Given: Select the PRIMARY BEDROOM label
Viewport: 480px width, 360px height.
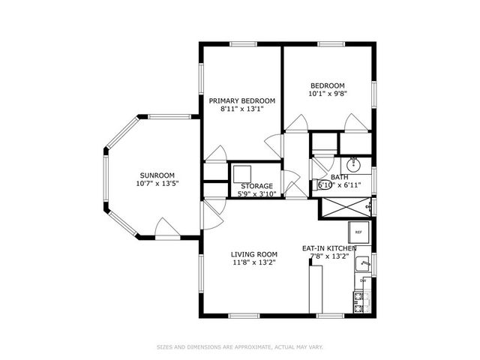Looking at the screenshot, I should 241,100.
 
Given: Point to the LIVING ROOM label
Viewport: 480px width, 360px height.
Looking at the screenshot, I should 253,253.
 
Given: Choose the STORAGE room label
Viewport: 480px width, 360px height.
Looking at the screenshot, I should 256,185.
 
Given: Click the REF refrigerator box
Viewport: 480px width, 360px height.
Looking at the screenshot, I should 358,232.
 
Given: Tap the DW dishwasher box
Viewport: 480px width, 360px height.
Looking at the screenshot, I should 362,280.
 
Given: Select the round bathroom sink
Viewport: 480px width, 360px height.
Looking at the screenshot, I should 354,164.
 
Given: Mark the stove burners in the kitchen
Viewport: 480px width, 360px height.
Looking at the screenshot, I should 358,301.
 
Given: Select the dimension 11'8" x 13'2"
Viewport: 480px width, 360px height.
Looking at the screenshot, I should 253,262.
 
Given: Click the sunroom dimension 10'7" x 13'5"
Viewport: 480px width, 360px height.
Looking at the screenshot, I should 157,183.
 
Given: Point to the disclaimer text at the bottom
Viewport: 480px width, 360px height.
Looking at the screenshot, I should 239,346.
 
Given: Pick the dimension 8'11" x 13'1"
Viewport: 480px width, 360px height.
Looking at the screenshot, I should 241,109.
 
